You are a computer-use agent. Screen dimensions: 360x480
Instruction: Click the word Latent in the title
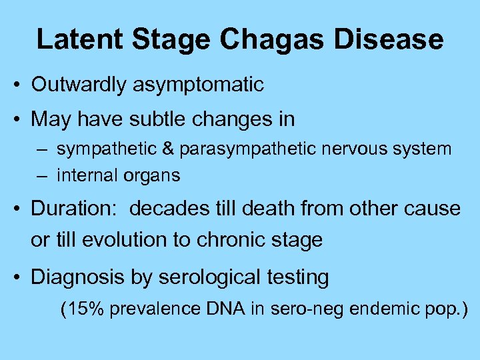(79, 39)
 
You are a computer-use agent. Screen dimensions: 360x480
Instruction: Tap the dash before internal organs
(43, 176)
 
